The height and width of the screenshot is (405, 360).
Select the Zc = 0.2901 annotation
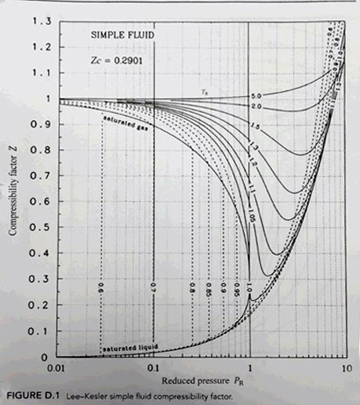(x=121, y=60)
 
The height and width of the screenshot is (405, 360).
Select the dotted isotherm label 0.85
(x=209, y=286)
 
